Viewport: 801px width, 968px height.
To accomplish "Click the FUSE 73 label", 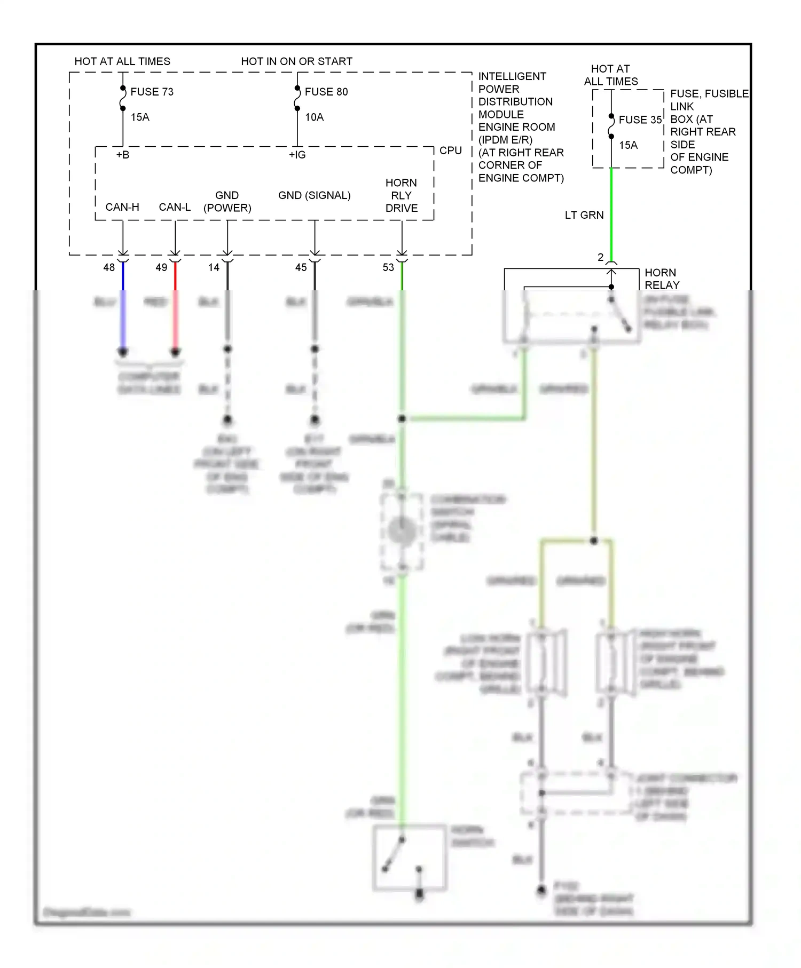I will click(152, 92).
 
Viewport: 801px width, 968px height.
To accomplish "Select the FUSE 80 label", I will click(326, 92).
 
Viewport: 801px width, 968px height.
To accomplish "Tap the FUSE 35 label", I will click(640, 120).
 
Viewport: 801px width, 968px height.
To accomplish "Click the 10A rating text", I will click(314, 117).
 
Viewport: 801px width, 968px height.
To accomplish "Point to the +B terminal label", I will click(123, 155).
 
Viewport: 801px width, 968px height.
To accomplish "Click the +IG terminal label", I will click(297, 155).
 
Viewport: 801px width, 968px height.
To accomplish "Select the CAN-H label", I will click(122, 207).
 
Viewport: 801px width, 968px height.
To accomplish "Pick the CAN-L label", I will click(175, 207).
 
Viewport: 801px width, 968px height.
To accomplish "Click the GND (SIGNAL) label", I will click(314, 195).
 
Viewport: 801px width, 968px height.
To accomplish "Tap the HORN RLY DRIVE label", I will click(402, 195).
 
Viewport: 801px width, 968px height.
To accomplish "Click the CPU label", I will click(450, 150).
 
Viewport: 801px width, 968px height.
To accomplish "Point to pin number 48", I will click(109, 267).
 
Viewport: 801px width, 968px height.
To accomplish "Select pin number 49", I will click(161, 267).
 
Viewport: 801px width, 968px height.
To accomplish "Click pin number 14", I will click(214, 267).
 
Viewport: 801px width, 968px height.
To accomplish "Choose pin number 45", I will click(301, 267).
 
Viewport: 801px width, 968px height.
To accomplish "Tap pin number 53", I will click(388, 267).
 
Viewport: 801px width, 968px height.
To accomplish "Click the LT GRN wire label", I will click(584, 215).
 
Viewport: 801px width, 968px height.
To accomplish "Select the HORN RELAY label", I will click(662, 279).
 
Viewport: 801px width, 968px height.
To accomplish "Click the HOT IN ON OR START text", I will click(296, 61).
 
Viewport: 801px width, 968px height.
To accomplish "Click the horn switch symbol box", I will click(409, 858).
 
